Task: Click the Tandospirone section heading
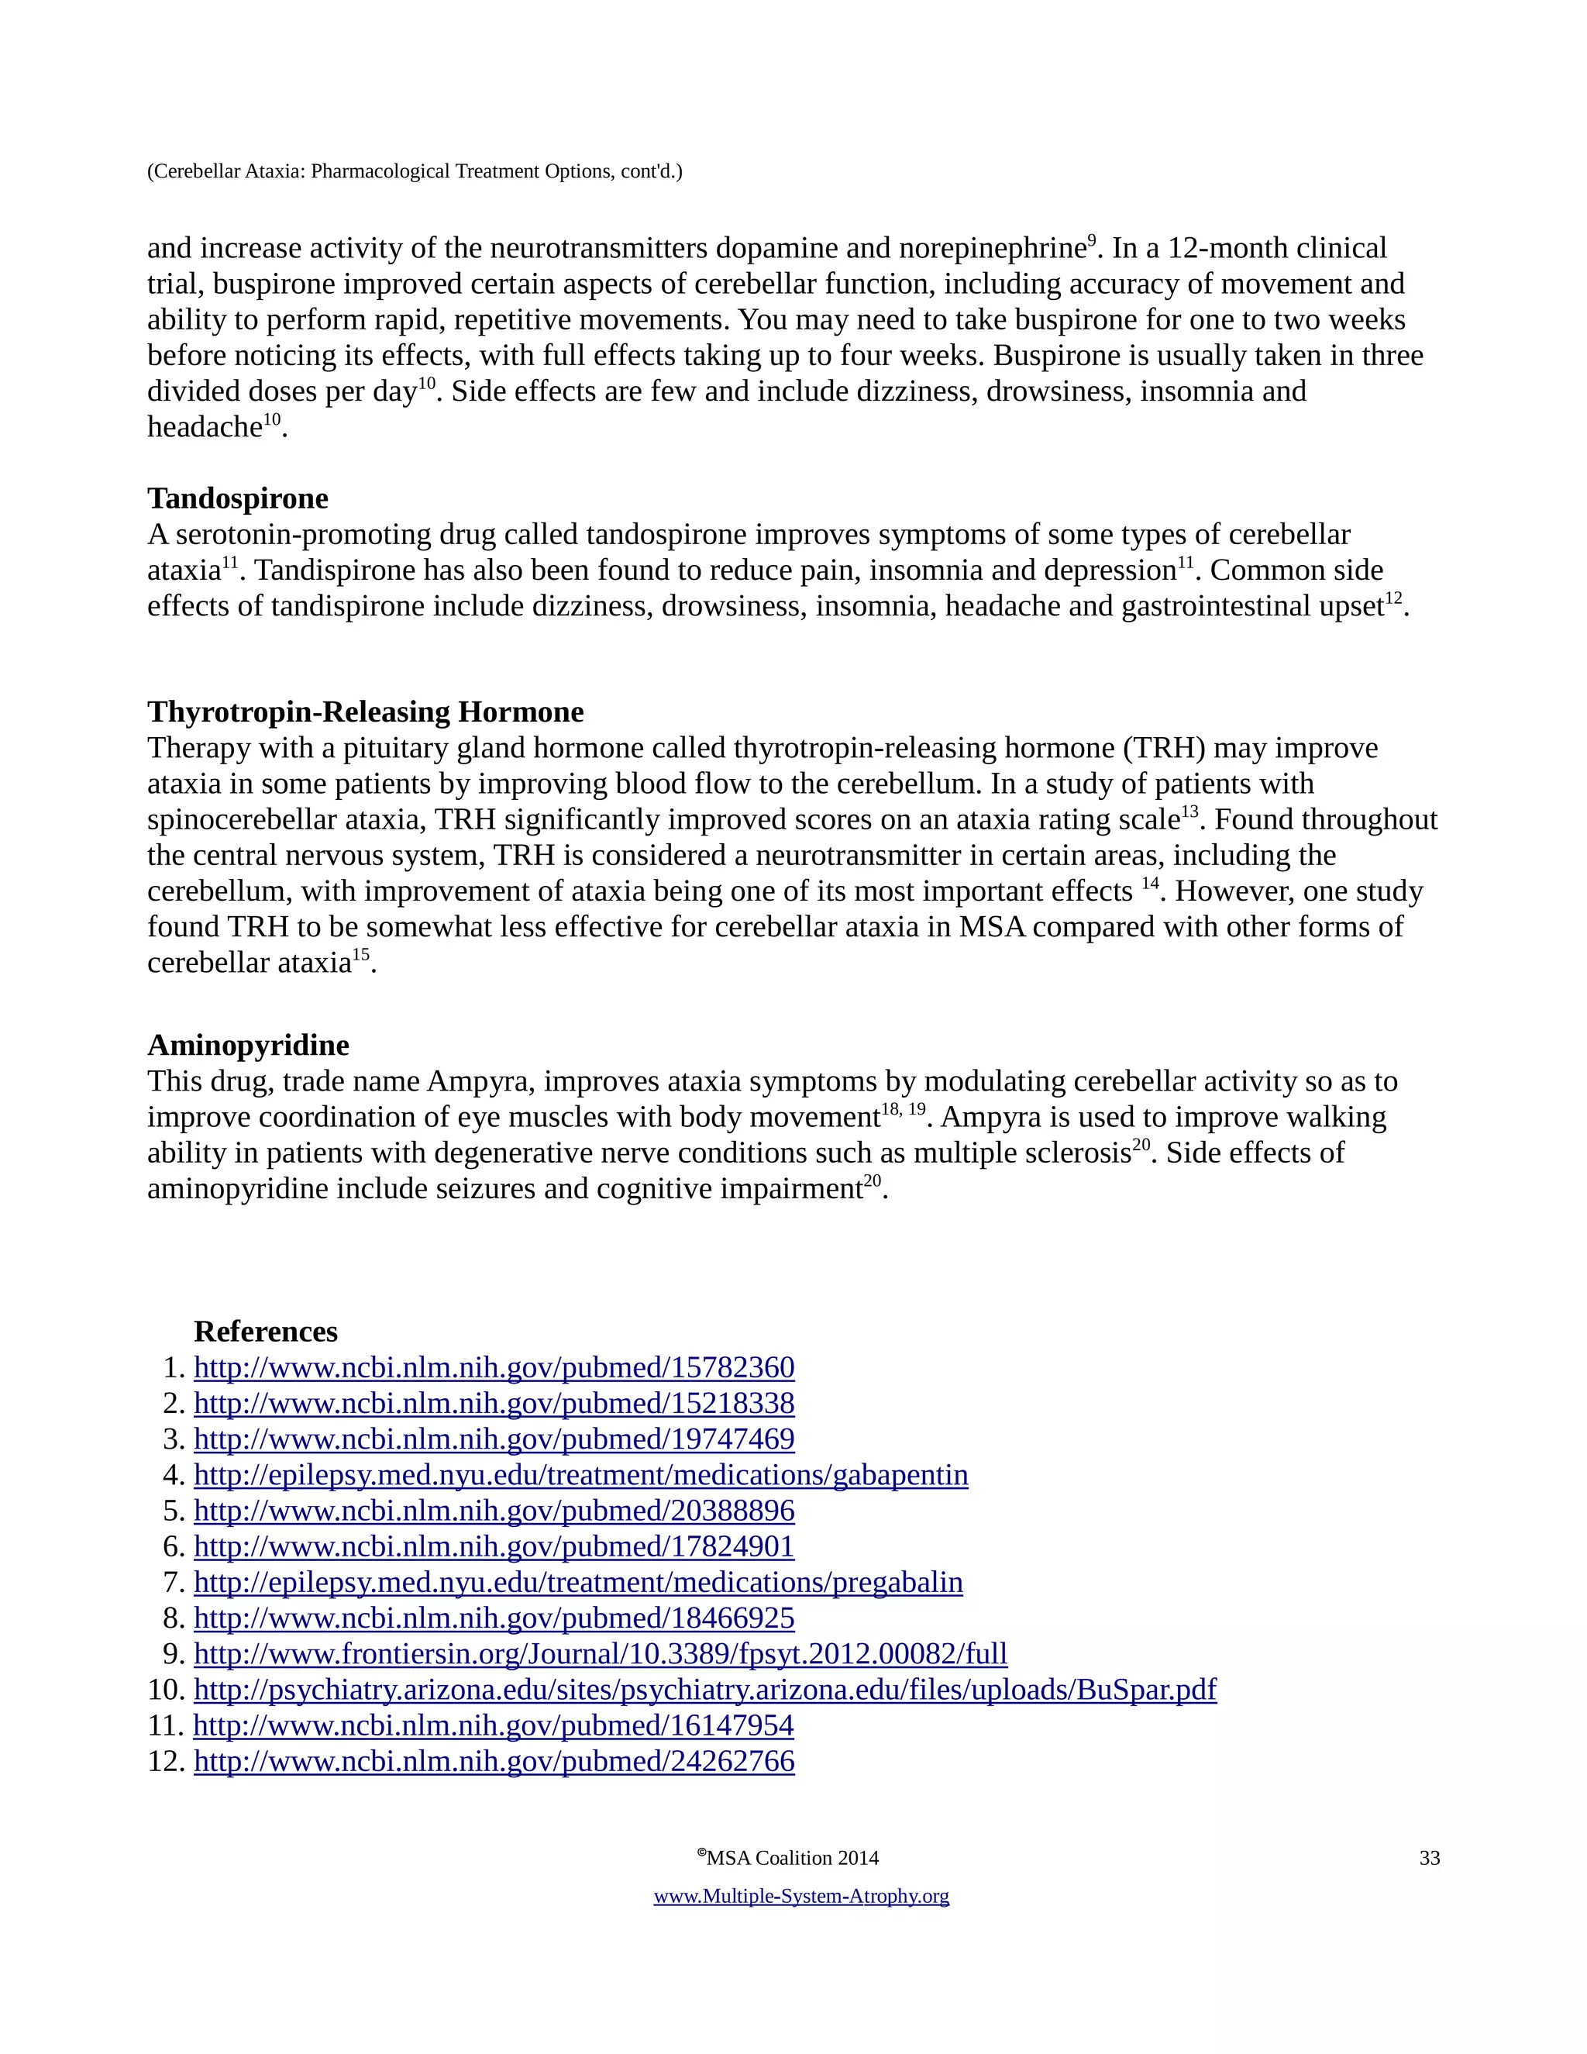pyautogui.click(x=238, y=498)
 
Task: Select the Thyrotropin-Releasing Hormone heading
pyautogui.click(x=365, y=712)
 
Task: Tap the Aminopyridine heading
pyautogui.click(x=248, y=1045)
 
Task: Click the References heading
pyautogui.click(x=265, y=1332)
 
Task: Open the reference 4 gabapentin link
pyautogui.click(x=580, y=1475)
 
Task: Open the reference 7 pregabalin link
pyautogui.click(x=577, y=1582)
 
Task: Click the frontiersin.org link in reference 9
pyautogui.click(x=600, y=1653)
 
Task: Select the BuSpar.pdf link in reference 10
pyautogui.click(x=704, y=1689)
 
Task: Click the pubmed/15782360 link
pyautogui.click(x=494, y=1367)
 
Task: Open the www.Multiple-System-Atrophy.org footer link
pyautogui.click(x=801, y=1896)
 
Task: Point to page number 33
pyautogui.click(x=1429, y=1859)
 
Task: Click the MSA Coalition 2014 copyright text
pyautogui.click(x=790, y=1859)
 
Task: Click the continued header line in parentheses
pyautogui.click(x=415, y=171)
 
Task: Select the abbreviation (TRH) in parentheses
pyautogui.click(x=1164, y=749)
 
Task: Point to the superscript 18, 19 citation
pyautogui.click(x=903, y=1111)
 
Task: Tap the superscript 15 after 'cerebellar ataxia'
pyautogui.click(x=361, y=956)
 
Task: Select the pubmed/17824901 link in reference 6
pyautogui.click(x=494, y=1546)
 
